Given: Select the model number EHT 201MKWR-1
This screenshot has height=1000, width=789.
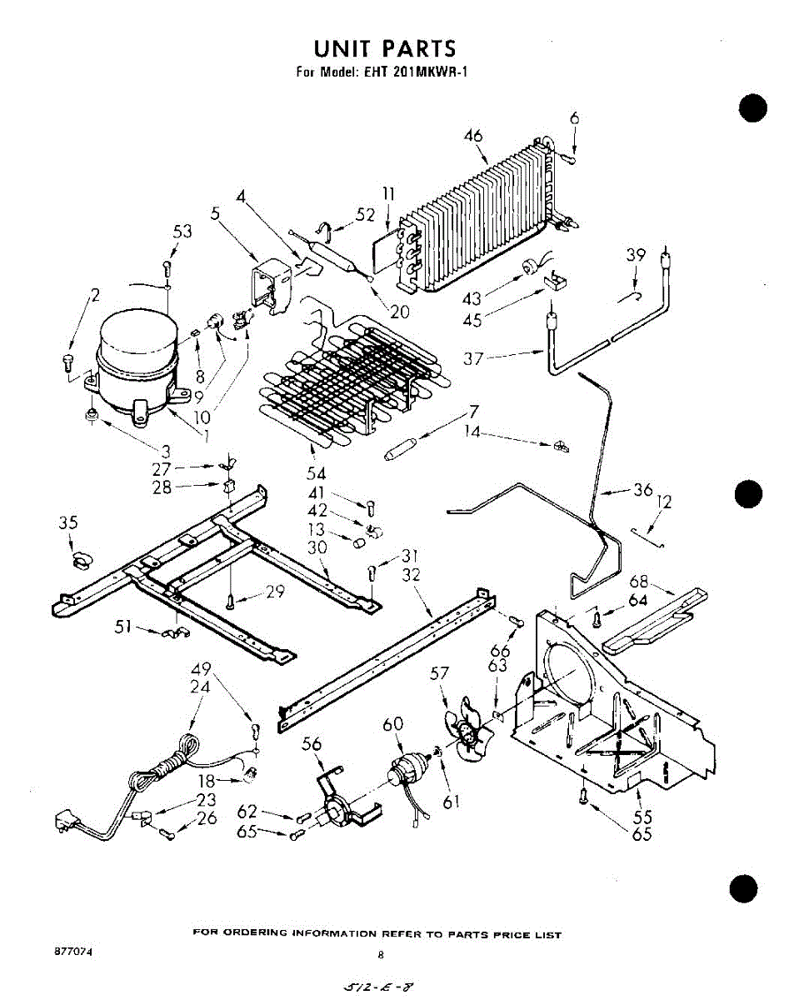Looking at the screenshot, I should pos(415,71).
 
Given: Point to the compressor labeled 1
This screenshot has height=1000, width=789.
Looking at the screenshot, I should pos(137,361).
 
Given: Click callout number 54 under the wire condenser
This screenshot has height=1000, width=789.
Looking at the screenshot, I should pos(315,473).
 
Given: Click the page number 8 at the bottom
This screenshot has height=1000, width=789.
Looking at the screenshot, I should pos(380,954).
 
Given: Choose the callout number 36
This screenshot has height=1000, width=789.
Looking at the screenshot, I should pos(642,490).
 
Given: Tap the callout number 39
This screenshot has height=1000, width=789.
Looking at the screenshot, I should pos(636,255).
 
